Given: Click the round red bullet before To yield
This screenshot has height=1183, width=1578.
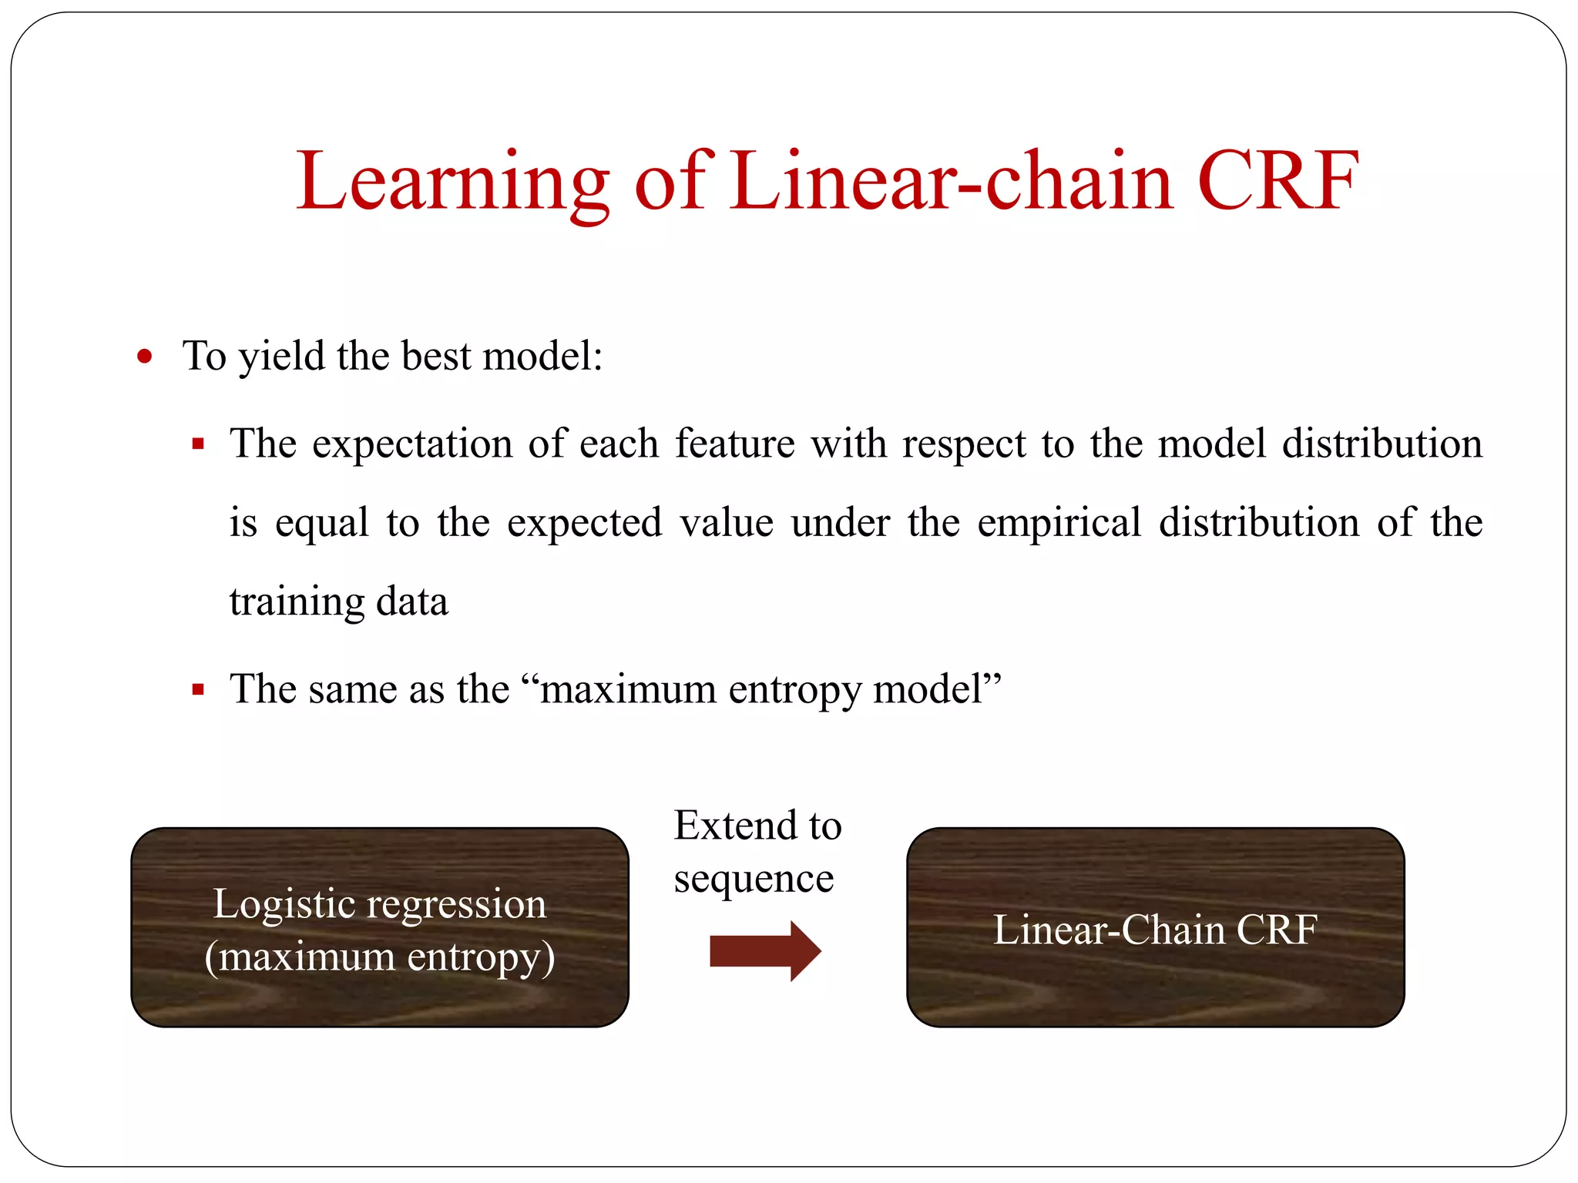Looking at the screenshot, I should [144, 357].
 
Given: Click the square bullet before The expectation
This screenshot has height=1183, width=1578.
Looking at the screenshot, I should [198, 444].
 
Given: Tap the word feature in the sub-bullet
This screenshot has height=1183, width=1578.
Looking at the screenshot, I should [734, 444].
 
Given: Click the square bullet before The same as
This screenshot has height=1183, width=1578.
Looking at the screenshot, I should [198, 689].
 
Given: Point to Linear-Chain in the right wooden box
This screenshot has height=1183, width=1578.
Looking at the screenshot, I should [1108, 930].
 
